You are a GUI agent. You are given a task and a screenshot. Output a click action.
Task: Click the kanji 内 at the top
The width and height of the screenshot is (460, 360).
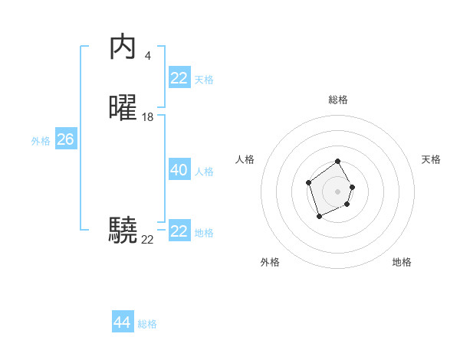point(123,47)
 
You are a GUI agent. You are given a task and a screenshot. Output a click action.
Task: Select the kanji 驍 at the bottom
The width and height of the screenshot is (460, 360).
point(123,229)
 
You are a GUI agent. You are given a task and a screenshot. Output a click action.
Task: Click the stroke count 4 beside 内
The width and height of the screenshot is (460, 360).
point(147,55)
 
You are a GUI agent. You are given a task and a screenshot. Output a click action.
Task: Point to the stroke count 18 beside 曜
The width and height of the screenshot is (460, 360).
point(148,117)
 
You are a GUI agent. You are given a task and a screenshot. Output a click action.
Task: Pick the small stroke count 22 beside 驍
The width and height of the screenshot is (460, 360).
point(147,240)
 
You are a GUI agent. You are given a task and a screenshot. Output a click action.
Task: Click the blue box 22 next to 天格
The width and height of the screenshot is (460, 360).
point(179,78)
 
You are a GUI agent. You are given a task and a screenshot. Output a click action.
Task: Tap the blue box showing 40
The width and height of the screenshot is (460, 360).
point(179,171)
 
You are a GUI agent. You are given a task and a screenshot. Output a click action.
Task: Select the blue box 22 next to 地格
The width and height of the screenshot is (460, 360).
point(179,231)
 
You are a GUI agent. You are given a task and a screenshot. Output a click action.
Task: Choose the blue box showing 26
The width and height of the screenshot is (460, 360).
point(65,139)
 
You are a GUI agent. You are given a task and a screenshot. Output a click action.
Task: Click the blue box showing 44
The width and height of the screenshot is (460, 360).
point(122,322)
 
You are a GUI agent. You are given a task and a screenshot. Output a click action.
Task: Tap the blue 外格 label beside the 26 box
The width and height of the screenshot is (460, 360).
point(41,141)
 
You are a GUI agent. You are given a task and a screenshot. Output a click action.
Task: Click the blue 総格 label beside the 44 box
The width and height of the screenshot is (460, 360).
point(147,324)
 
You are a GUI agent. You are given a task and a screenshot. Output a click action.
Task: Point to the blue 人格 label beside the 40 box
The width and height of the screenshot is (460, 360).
point(205,172)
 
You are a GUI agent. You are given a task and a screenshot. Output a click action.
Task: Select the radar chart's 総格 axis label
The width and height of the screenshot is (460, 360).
point(337,100)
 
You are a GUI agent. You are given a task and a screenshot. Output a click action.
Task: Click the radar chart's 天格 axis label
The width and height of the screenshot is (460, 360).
point(431,159)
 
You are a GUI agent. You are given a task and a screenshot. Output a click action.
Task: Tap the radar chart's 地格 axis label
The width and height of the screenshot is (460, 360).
point(402,262)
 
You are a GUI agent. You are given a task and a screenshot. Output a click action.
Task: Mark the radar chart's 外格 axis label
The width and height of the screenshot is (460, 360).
point(270,262)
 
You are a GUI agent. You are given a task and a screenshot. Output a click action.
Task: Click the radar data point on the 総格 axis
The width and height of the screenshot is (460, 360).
point(337,162)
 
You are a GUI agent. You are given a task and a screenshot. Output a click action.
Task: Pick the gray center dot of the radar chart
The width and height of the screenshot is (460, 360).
point(337,191)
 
